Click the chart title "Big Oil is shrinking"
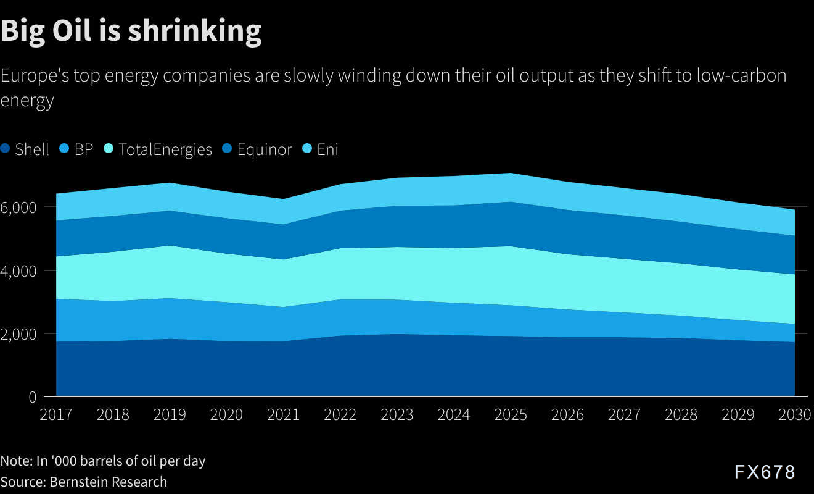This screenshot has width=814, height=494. pos(131,30)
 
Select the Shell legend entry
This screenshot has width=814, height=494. pos(25,149)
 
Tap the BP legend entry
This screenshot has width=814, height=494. pos(76,149)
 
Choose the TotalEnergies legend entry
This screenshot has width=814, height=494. pos(158,149)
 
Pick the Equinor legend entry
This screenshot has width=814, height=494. pos(258,149)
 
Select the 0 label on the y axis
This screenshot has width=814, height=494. pos(33,397)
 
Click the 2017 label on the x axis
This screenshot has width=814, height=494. pos(55,414)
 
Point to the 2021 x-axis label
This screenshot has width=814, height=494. pos(283,414)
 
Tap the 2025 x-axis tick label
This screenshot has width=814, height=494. pos(511,414)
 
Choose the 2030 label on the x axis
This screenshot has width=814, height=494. pos(794,414)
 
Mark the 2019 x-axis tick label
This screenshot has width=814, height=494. pos(170,414)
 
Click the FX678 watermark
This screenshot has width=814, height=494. pos(765,472)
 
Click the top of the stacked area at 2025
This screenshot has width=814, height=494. pos(511,174)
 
